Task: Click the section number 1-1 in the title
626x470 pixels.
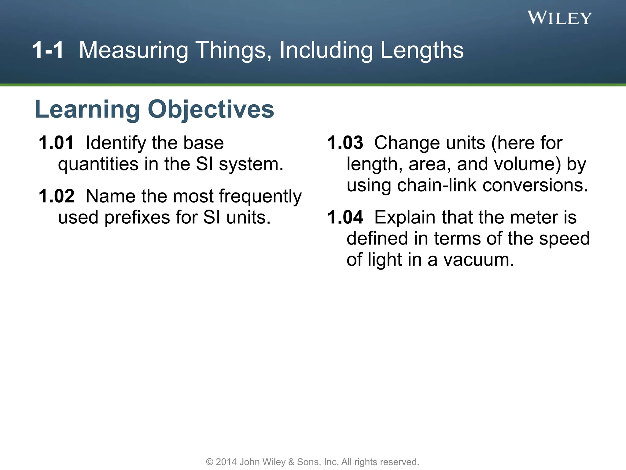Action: [x=48, y=50]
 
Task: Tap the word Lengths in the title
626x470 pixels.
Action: [x=422, y=50]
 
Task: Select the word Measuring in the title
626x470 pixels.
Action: [x=133, y=50]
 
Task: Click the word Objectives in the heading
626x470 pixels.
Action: [x=211, y=110]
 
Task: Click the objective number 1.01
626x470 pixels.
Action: [x=56, y=143]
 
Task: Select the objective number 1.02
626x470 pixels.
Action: [x=56, y=196]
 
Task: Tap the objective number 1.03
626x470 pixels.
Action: [x=345, y=143]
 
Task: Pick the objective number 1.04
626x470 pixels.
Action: [x=345, y=217]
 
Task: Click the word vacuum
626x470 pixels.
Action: [x=479, y=260]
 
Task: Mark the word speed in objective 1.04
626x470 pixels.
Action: [x=564, y=239]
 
